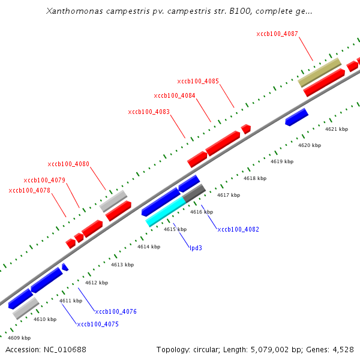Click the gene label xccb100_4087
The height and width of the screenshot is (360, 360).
pyautogui.click(x=277, y=34)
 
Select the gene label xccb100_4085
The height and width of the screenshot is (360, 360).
pyautogui.click(x=198, y=81)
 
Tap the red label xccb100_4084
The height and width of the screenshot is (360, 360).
pyautogui.click(x=175, y=95)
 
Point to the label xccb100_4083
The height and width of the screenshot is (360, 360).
pyautogui.click(x=149, y=112)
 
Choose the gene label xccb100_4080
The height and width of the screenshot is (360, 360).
pyautogui.click(x=68, y=164)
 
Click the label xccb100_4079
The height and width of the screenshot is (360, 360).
pyautogui.click(x=44, y=180)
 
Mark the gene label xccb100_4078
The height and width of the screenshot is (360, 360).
pyautogui.click(x=29, y=190)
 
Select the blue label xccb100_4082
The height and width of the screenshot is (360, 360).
pyautogui.click(x=238, y=229)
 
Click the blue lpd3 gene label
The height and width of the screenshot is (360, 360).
pyautogui.click(x=196, y=247)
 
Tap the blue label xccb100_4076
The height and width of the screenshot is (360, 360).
pyautogui.click(x=116, y=311)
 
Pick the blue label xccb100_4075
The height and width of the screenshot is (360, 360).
pyautogui.click(x=98, y=324)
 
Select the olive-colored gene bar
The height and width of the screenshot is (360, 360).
pyautogui.click(x=320, y=72)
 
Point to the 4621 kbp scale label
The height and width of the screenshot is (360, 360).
pyautogui.click(x=337, y=129)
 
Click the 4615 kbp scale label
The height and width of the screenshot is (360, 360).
pyautogui.click(x=175, y=229)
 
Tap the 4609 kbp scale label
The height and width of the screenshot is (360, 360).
pyautogui.click(x=19, y=338)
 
